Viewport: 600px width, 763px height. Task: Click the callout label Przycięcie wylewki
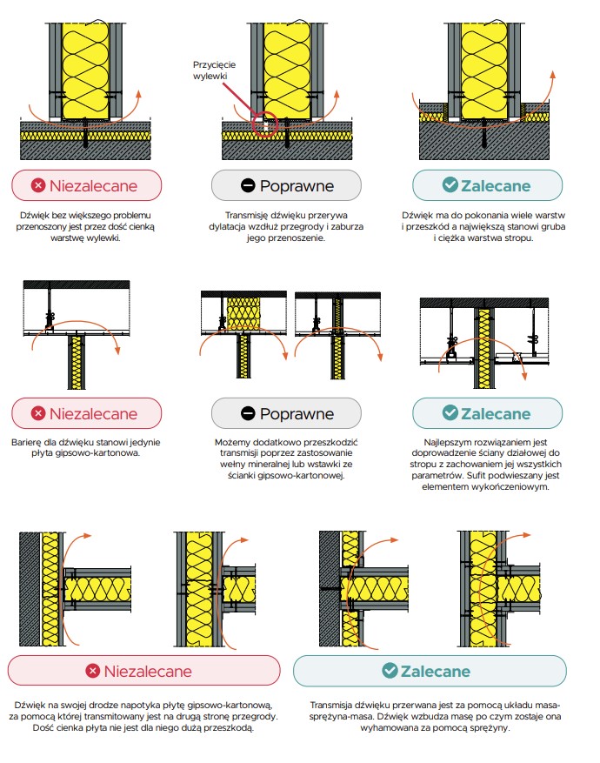coord(214,70)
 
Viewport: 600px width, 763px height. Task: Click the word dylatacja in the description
coord(228,227)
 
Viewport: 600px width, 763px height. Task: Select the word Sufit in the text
coord(477,475)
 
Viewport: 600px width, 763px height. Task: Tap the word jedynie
coord(145,442)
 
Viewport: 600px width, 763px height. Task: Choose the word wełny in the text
coord(232,465)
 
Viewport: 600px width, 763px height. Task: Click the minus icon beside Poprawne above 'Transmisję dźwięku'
coord(248,185)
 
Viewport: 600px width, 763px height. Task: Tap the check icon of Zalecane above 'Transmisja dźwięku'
coord(390,671)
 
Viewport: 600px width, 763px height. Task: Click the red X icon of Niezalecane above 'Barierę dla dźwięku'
coord(38,413)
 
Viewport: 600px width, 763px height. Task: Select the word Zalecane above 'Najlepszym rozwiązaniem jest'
coord(496,413)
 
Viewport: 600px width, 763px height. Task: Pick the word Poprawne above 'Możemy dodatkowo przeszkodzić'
coord(297,414)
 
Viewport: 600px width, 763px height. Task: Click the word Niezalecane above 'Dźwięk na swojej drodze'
coord(148,671)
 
